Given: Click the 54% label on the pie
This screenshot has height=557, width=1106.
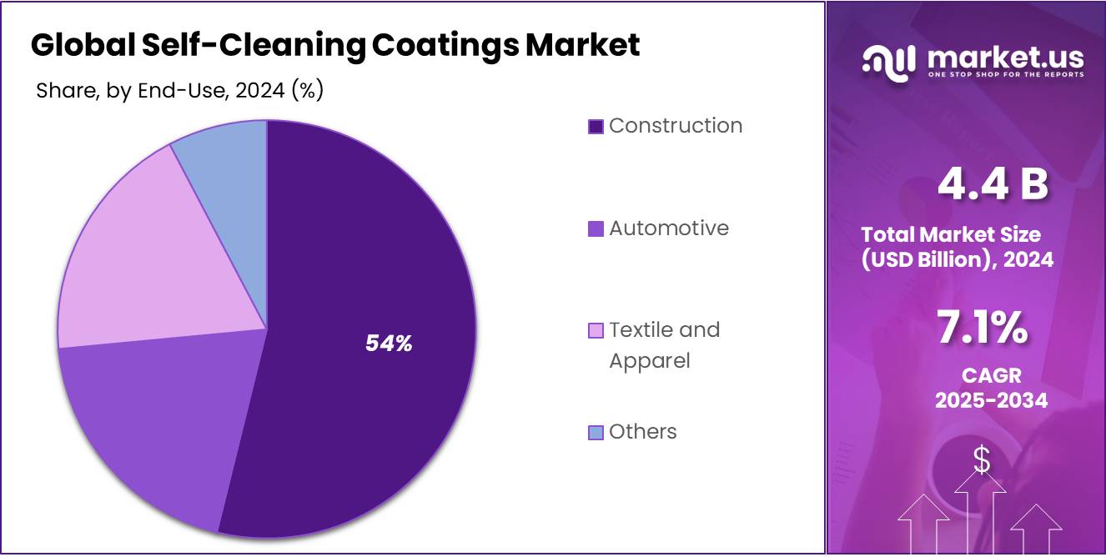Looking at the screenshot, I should (389, 343).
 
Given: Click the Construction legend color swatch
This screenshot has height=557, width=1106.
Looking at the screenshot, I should (596, 127).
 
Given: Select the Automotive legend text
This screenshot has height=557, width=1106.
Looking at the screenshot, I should (668, 228).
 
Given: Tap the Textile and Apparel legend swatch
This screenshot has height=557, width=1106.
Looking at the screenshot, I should (596, 331).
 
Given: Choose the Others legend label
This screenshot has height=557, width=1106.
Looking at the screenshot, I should (642, 432).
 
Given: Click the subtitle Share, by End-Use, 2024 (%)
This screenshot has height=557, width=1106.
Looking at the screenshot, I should (179, 91).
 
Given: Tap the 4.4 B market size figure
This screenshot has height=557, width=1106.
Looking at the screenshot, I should (992, 184).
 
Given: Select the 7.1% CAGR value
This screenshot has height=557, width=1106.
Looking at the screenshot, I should (982, 328).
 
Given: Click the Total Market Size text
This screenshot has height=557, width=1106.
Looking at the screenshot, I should (951, 234).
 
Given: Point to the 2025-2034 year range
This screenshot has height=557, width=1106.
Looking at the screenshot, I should (991, 400).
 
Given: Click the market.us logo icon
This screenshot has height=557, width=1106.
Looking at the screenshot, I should (888, 63).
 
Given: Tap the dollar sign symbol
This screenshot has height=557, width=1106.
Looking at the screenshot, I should (982, 459).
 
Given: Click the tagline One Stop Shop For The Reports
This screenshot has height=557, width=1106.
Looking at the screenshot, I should (1006, 75).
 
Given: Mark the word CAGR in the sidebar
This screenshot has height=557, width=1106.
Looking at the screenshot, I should (991, 376).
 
